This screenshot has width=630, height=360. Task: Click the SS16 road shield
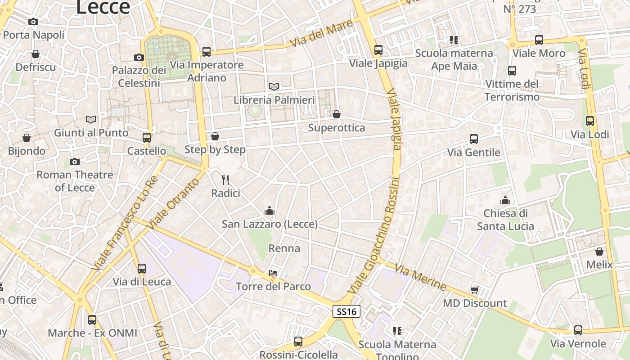[x=346, y=311]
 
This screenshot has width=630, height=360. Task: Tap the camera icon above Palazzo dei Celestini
[x=139, y=57]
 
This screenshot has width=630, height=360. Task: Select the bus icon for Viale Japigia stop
[x=378, y=50]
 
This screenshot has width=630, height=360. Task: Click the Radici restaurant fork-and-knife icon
[x=226, y=180]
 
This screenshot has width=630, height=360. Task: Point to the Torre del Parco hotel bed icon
[x=273, y=273]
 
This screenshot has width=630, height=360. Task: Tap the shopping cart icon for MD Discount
[x=474, y=289]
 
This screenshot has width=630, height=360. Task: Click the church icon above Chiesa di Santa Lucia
[x=505, y=200]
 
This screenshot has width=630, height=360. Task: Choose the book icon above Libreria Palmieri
[x=274, y=86]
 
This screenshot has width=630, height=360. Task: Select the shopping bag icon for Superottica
[x=336, y=114]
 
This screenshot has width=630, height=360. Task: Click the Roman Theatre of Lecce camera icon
[x=75, y=162]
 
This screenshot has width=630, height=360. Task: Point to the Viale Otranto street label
[x=173, y=203]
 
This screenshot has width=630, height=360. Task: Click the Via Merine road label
[x=420, y=277]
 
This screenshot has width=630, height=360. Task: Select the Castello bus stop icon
[x=147, y=138]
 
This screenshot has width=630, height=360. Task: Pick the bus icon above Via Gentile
[x=474, y=139]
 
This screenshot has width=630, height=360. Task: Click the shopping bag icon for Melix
[x=599, y=251]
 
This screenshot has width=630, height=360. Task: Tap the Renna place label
[x=284, y=248]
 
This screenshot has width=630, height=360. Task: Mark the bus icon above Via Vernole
[x=578, y=330]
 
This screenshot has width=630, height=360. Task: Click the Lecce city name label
[x=103, y=7]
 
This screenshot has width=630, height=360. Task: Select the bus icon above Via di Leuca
[x=142, y=269]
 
